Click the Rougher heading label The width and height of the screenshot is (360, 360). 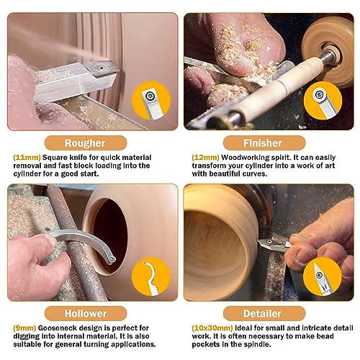coord(86,143)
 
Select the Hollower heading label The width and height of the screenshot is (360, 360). coord(86,313)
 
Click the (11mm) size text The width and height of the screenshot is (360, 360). coord(27,158)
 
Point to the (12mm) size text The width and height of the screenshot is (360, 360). coord(205,158)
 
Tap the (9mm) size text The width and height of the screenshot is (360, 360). coord(24,328)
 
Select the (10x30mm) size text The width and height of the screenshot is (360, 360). coord(212,328)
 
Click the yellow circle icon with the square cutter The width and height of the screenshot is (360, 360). coord(151,101)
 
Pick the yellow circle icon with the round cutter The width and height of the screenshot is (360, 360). coord(323,101)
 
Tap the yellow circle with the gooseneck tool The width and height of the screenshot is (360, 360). coord(151,276)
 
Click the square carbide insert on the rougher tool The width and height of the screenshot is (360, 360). coord(102,68)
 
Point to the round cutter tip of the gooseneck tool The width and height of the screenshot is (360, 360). coord(112,259)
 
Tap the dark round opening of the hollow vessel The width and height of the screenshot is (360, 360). coord(111,235)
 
